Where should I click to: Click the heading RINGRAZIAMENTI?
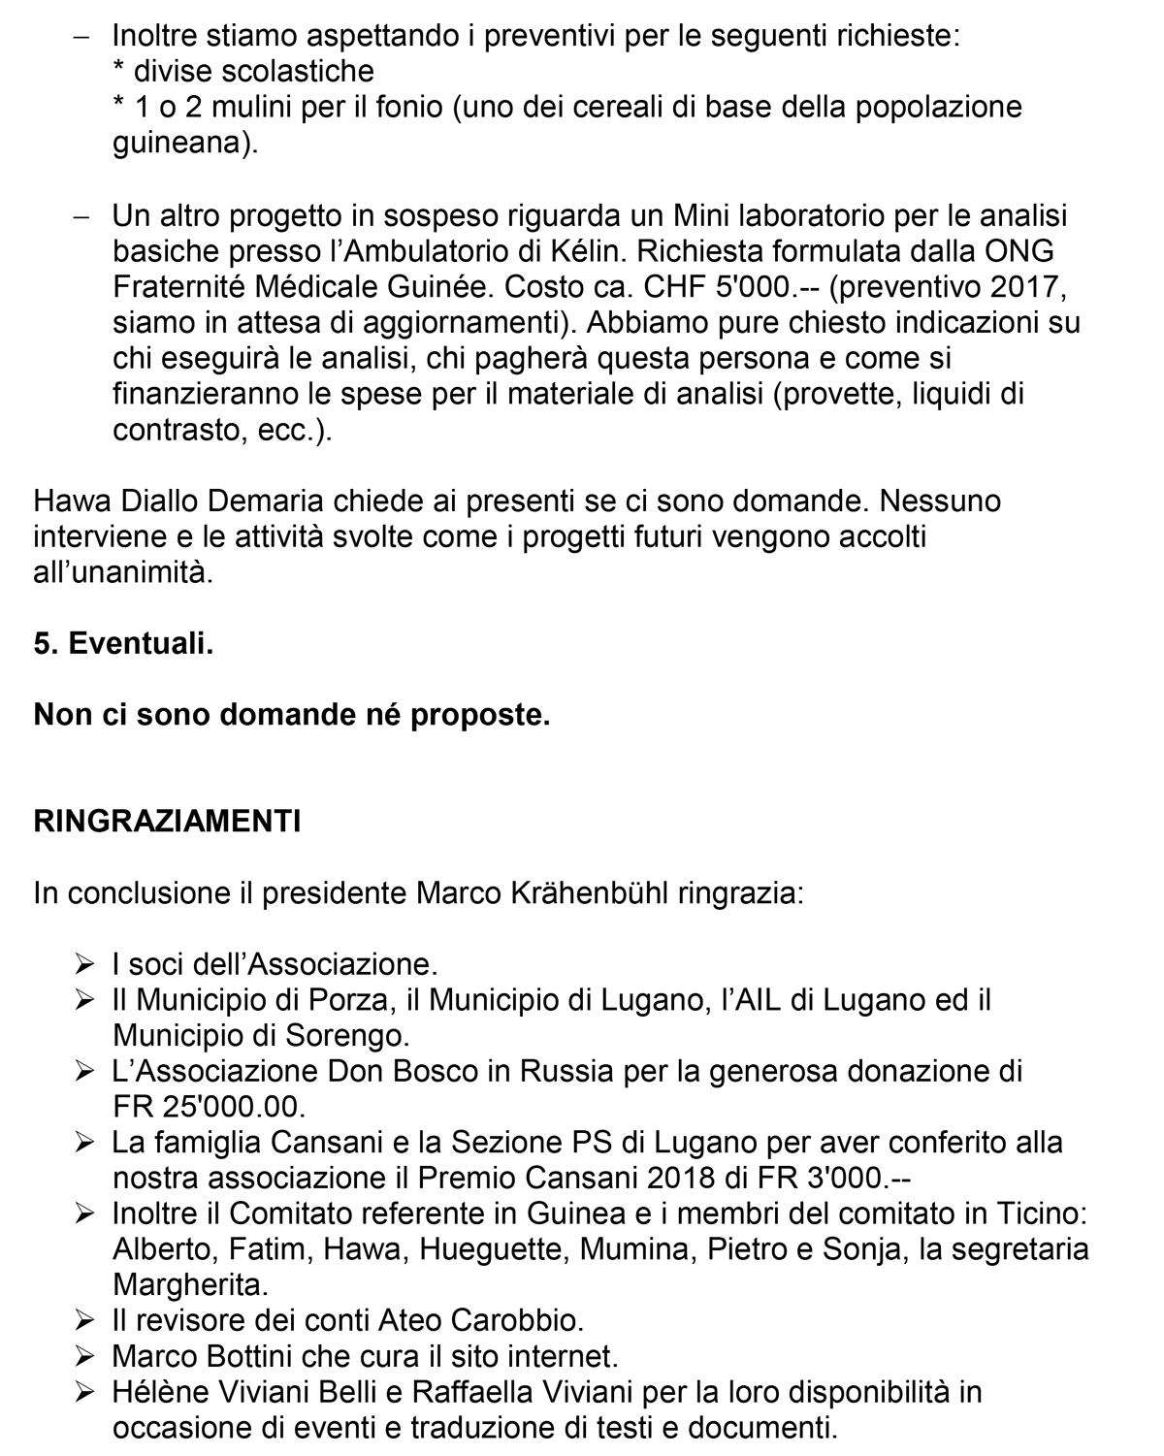167,821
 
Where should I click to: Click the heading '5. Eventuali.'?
123,643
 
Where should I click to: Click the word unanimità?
136,572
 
